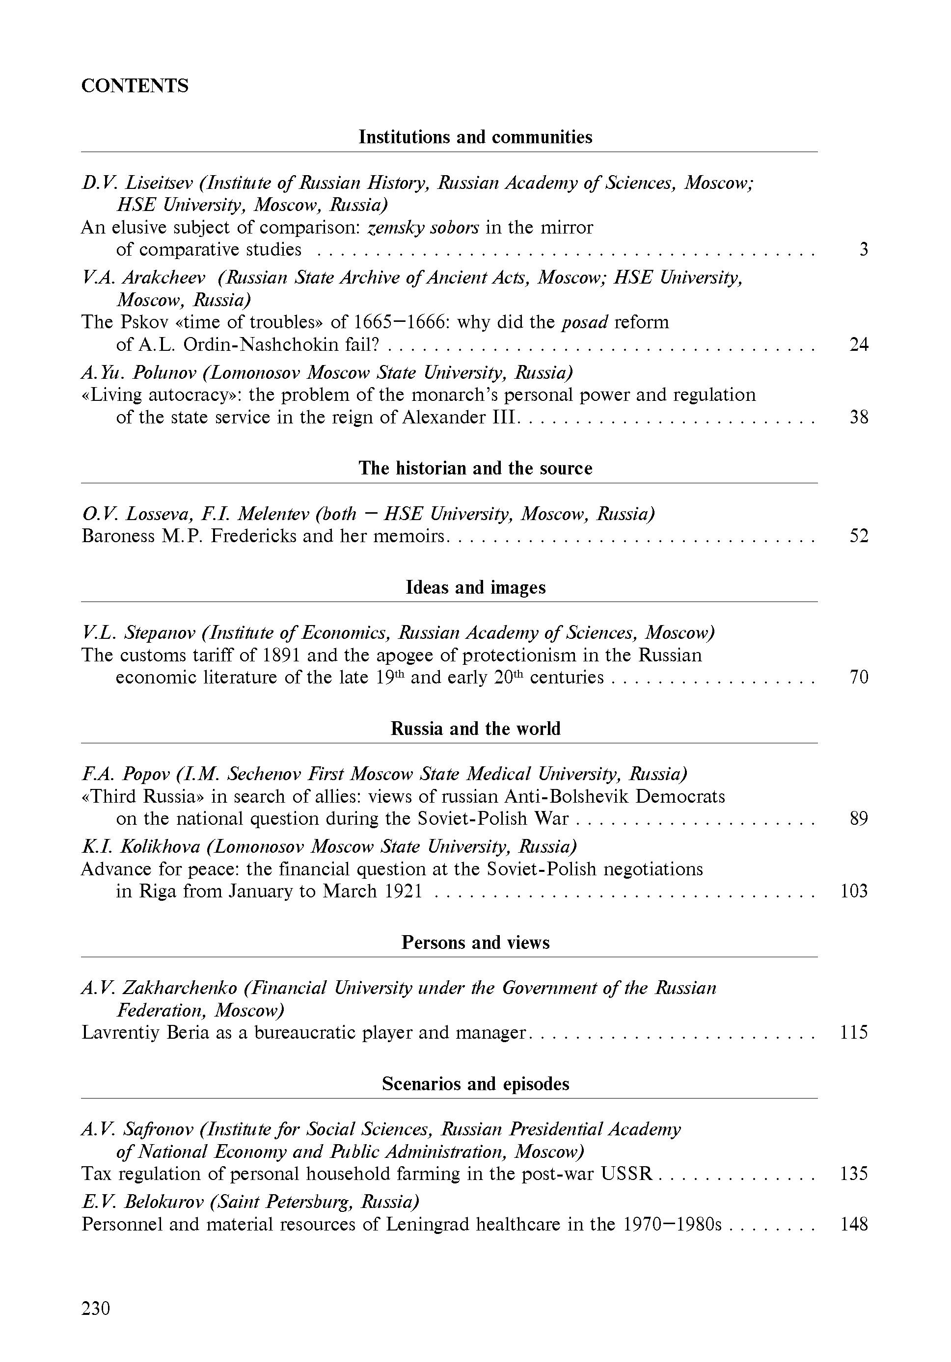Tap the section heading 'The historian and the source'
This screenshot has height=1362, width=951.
pos(475,468)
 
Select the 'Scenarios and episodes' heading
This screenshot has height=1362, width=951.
pos(475,1084)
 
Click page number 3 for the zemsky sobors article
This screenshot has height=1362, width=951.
pos(863,249)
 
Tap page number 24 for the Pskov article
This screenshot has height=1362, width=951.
pos(858,344)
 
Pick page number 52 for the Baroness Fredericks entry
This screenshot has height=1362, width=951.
pos(858,536)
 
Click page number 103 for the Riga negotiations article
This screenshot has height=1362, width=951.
pos(854,891)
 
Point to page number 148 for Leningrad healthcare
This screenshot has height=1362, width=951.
pos(854,1224)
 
